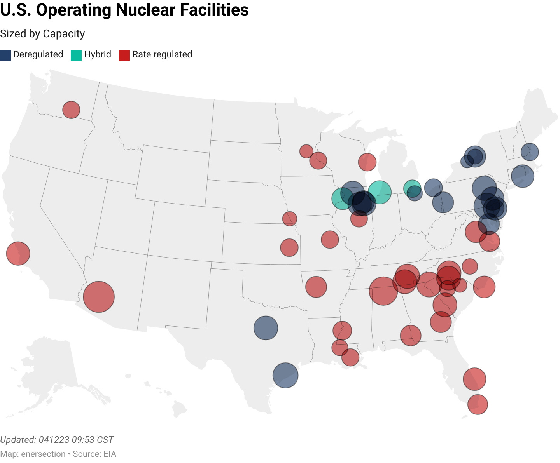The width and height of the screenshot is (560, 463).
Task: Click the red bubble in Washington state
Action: (x=71, y=110)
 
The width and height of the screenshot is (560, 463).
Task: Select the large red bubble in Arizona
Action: (x=99, y=297)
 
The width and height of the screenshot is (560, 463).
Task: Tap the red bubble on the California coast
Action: (x=18, y=253)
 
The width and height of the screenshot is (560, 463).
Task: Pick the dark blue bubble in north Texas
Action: (x=266, y=328)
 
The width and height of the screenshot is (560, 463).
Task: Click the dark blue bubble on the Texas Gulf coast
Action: (x=285, y=376)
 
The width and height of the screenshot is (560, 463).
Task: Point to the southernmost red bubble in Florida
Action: (x=478, y=404)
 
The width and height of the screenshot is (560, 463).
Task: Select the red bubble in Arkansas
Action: (x=316, y=287)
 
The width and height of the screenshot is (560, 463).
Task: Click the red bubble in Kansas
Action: (x=289, y=247)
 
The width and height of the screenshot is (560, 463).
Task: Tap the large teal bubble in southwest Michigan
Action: (x=379, y=192)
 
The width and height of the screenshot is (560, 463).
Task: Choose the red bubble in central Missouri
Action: (x=330, y=239)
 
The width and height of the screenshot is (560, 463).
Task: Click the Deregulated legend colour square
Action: (x=5, y=55)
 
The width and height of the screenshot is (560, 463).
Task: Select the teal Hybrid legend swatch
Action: (x=76, y=55)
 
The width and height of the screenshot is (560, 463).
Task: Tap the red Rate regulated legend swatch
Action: (x=124, y=55)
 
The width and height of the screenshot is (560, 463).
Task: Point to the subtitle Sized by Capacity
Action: (x=42, y=34)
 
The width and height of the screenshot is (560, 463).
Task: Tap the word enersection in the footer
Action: (x=43, y=454)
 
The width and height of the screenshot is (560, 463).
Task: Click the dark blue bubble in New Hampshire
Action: (x=529, y=152)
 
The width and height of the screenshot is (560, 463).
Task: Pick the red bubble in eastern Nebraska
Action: (x=289, y=219)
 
